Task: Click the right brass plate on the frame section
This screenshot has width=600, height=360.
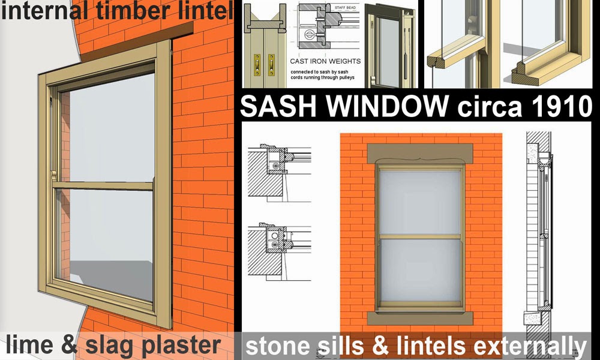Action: [x=271, y=62]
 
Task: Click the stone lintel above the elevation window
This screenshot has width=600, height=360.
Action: [x=420, y=152]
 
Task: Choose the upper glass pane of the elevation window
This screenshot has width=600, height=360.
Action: [x=420, y=201]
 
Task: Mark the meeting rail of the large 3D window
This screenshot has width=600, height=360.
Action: [x=102, y=186]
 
